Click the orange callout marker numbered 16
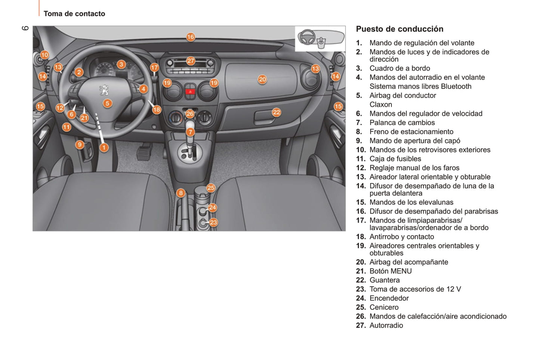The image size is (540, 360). pyautogui.click(x=191, y=37)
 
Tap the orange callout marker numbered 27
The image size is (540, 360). pyautogui.click(x=191, y=61)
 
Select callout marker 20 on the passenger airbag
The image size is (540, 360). pyautogui.click(x=262, y=79)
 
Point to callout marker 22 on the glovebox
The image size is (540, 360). pyautogui.click(x=276, y=112)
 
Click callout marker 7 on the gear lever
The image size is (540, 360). pyautogui.click(x=190, y=132)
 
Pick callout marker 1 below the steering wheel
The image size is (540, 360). pyautogui.click(x=104, y=148)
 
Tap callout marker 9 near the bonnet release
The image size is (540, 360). pyautogui.click(x=79, y=145)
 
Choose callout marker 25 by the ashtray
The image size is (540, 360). pyautogui.click(x=211, y=188)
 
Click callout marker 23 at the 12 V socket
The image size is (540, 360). pyautogui.click(x=213, y=223)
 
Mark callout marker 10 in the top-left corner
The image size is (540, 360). pyautogui.click(x=44, y=55)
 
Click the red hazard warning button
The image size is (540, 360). pyautogui.click(x=190, y=91)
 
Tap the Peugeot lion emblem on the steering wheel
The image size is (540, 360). pyautogui.click(x=104, y=90)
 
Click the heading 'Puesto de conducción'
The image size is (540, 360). pyautogui.click(x=399, y=29)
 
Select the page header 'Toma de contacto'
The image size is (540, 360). pyautogui.click(x=74, y=14)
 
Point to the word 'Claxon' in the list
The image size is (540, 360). pyautogui.click(x=381, y=105)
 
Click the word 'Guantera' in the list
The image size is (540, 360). pyautogui.click(x=385, y=280)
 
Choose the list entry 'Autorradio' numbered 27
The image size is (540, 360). pyautogui.click(x=386, y=325)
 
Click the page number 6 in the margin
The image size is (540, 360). pyautogui.click(x=25, y=28)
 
